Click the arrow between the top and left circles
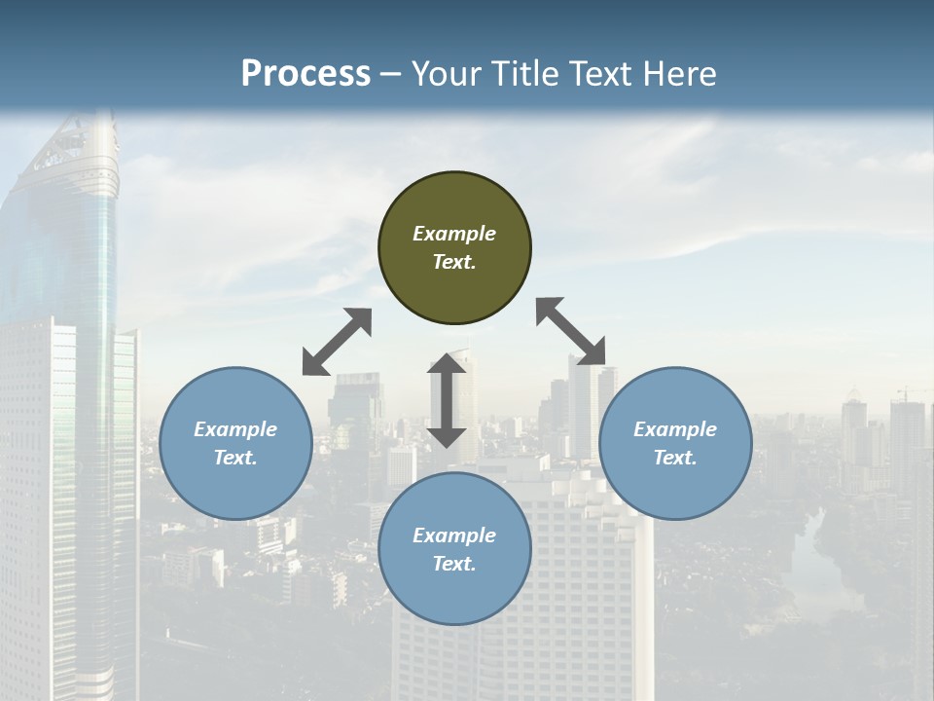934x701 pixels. (x=337, y=342)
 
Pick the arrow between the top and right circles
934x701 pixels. (x=571, y=331)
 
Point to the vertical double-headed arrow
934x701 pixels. (x=447, y=400)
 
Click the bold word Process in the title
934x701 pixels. (x=305, y=73)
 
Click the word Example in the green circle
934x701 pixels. (x=454, y=234)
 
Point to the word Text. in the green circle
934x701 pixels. (x=454, y=262)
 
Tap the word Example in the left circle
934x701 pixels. (x=235, y=429)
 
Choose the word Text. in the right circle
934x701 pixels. (x=675, y=458)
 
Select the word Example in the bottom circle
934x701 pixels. (x=454, y=535)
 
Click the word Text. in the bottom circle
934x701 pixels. (x=454, y=564)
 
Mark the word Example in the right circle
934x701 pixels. (x=675, y=429)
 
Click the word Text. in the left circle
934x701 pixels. (x=235, y=458)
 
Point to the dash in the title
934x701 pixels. (x=391, y=74)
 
